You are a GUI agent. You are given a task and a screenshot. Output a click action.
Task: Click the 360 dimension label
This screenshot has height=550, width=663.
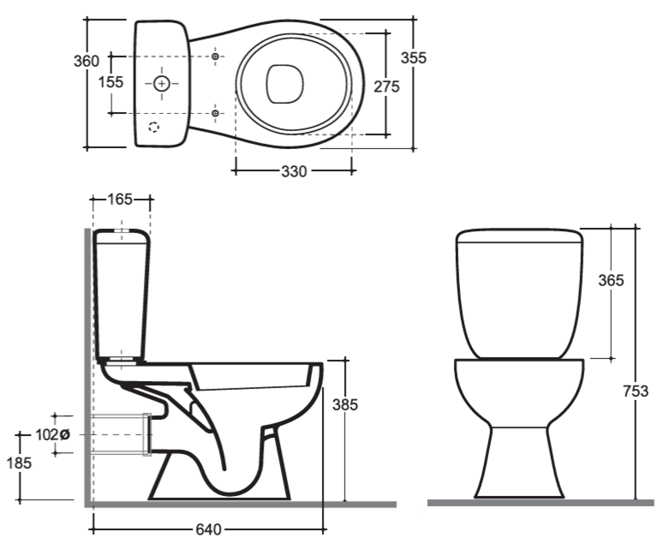[87, 62]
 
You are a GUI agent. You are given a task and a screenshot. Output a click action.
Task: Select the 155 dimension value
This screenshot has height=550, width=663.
[110, 82]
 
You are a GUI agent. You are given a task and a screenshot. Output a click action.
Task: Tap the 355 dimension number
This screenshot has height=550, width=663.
[414, 57]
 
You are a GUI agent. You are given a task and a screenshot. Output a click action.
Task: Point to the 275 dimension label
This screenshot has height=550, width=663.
[386, 87]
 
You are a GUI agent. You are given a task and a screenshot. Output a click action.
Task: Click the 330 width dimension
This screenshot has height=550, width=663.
[294, 171]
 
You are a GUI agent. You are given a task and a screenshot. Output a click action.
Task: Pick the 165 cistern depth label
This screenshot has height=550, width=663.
[120, 199]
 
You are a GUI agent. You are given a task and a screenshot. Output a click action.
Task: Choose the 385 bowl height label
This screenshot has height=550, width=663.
[345, 405]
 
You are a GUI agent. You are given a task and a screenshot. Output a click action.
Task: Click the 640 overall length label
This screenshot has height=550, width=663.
[208, 529]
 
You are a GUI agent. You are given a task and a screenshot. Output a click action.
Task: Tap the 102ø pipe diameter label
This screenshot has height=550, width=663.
[52, 434]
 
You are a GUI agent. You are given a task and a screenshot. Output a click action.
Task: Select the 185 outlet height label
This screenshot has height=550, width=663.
[19, 463]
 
